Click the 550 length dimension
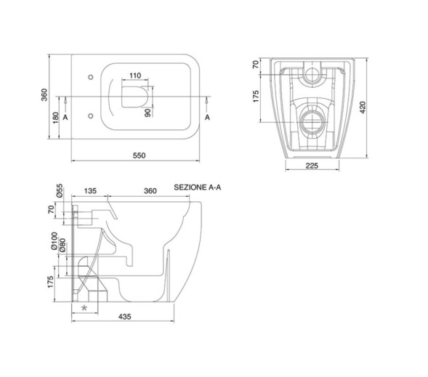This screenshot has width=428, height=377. click(140, 155)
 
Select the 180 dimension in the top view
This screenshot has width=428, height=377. click(56, 118)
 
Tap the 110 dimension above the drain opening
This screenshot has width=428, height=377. click(135, 76)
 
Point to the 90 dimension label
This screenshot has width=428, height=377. click(148, 113)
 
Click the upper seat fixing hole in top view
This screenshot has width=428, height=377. click(91, 77)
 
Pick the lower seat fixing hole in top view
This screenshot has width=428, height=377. click(91, 116)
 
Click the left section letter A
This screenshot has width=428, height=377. click(65, 118)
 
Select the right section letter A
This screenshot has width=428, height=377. click(207, 118)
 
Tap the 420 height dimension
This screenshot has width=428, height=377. click(363, 108)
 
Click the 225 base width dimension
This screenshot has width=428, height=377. click(312, 166)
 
